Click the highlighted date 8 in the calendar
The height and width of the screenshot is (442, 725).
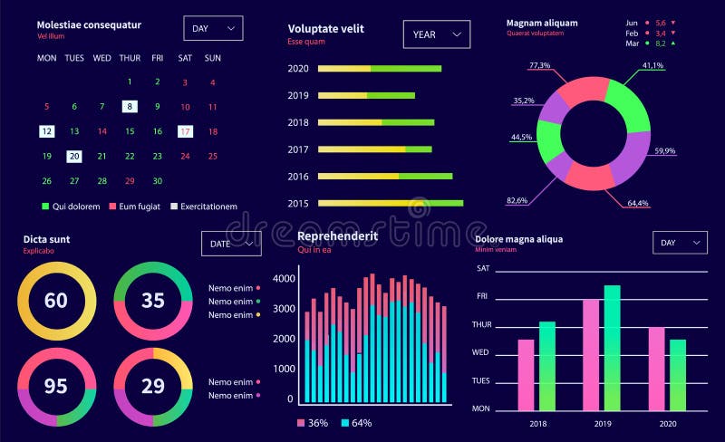[130, 106]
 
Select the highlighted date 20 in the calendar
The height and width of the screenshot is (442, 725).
[74, 156]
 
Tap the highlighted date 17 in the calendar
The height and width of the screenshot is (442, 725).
[185, 131]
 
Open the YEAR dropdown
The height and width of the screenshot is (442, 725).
[437, 34]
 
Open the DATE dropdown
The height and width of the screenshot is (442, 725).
[231, 244]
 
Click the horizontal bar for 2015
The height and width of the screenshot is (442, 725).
[390, 203]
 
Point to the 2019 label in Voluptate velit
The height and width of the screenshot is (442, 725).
[298, 95]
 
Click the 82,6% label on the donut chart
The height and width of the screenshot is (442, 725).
[517, 200]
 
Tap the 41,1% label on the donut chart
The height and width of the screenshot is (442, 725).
[652, 65]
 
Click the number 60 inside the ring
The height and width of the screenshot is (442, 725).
[56, 300]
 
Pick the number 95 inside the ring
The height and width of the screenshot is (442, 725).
[56, 387]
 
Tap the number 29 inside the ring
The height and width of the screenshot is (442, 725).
[153, 387]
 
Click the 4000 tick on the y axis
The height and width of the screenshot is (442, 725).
[284, 279]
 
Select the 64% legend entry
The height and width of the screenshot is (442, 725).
[356, 423]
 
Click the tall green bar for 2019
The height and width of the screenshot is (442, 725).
[612, 348]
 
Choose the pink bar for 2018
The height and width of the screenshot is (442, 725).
[526, 375]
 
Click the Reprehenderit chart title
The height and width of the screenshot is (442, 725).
[337, 236]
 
